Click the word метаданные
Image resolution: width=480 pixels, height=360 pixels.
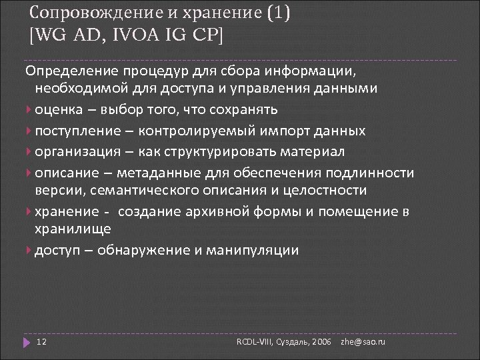click(154, 173)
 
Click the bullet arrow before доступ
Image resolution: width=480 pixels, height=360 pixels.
click(29, 251)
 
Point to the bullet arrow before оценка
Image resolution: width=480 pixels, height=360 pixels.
click(29, 110)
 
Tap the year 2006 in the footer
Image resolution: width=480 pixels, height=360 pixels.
click(321, 342)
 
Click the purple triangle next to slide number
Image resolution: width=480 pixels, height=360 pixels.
click(26, 342)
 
